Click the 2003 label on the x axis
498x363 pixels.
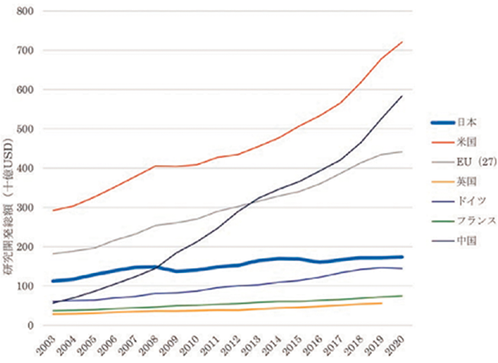50,344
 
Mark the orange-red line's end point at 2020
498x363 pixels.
403,42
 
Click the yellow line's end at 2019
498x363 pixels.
382,303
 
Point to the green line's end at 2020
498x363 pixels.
403,296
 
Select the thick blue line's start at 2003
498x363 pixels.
53,281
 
